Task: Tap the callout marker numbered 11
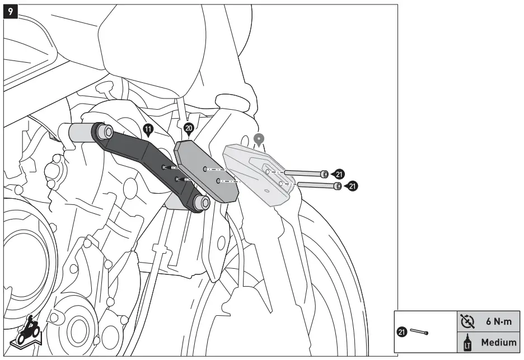(x=148, y=130)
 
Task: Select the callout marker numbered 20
(x=189, y=129)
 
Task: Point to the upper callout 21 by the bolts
(x=340, y=174)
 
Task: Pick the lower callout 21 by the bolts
(x=352, y=186)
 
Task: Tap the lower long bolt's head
(x=337, y=186)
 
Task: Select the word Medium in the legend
(x=499, y=342)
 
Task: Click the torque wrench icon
(x=466, y=321)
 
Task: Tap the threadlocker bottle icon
(x=466, y=342)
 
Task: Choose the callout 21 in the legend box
(x=401, y=332)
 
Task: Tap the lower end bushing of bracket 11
(x=200, y=203)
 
